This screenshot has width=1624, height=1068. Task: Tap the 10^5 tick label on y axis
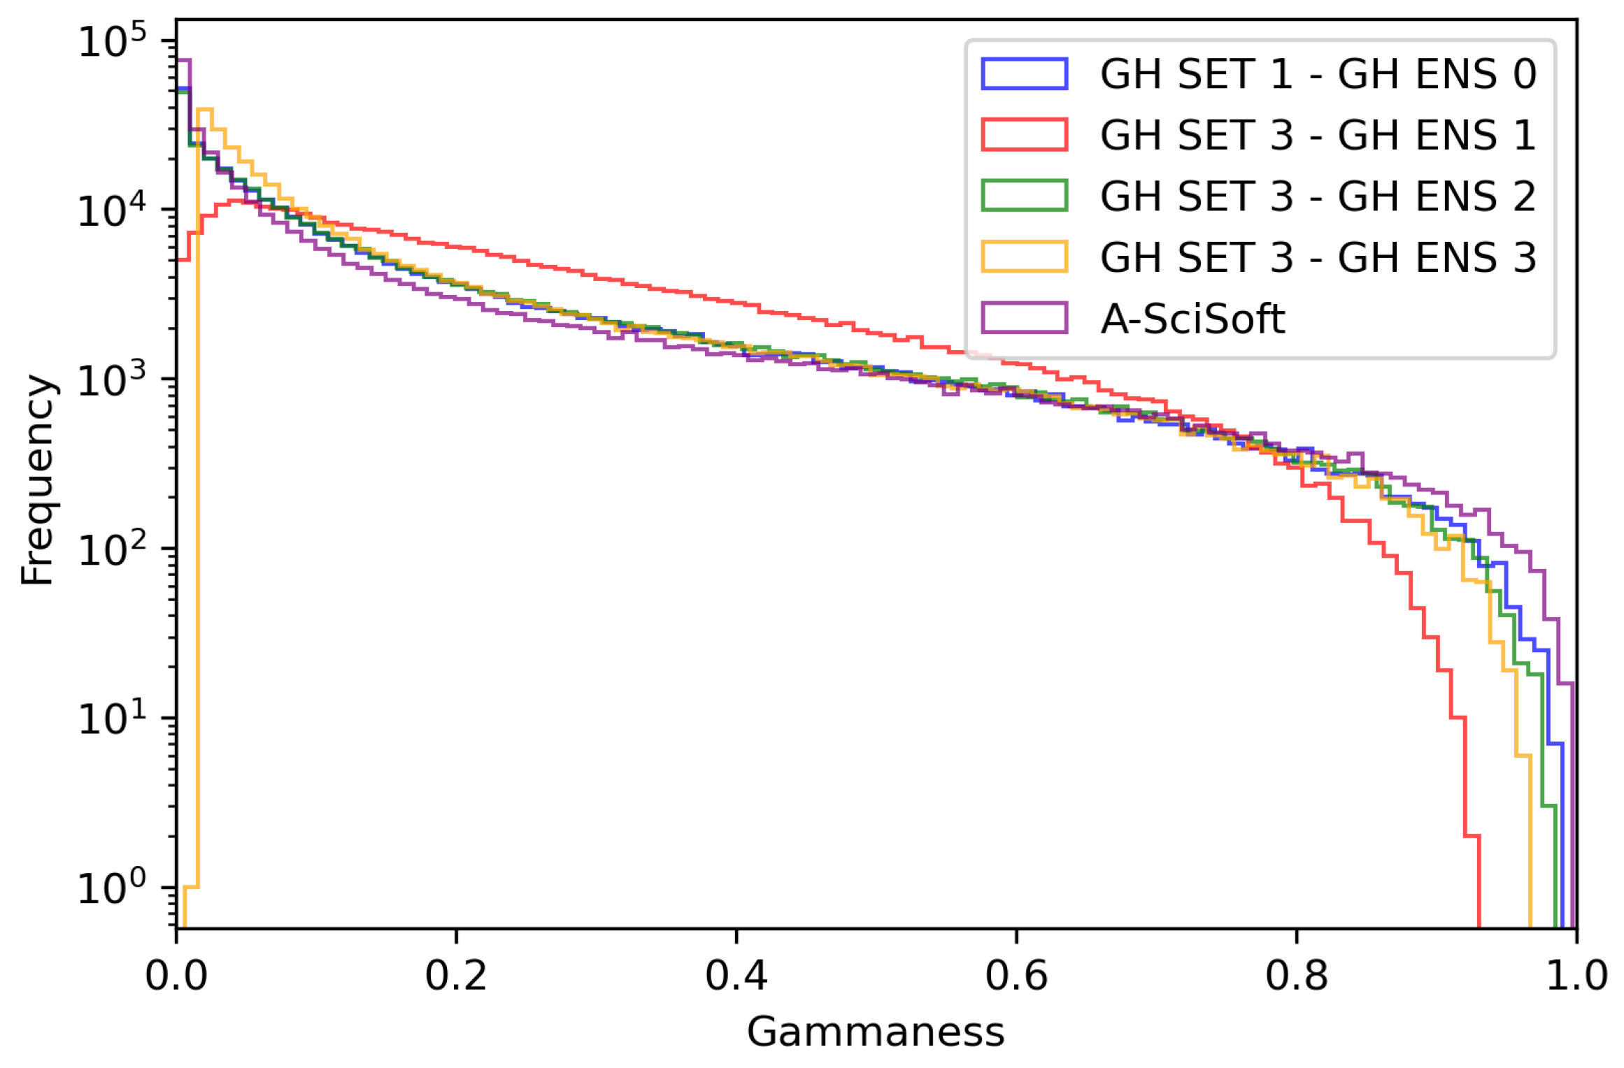112,42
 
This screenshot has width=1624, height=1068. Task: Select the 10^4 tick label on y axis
112,210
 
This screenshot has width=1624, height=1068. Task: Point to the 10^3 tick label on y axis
112,380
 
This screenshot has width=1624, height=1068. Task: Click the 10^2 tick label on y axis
112,549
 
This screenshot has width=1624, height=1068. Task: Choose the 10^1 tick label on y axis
112,719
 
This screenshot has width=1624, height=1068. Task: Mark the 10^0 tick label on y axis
112,888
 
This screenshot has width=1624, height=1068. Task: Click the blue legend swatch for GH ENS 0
1024,74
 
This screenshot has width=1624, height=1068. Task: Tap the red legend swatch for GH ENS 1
1024,135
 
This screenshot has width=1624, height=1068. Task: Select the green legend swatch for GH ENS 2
1024,196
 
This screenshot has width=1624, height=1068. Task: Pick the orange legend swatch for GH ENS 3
1024,257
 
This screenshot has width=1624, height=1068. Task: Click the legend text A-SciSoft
1192,319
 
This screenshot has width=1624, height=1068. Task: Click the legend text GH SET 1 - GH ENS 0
1318,74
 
